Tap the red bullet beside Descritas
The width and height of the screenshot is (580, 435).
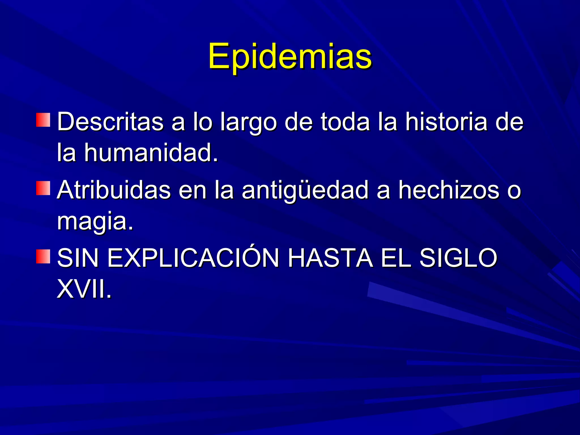pyautogui.click(x=43, y=120)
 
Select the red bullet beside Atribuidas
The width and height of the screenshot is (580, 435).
pyautogui.click(x=43, y=188)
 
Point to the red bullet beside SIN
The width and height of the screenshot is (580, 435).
pyautogui.click(x=43, y=257)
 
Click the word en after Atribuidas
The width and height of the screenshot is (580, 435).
pyautogui.click(x=193, y=190)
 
